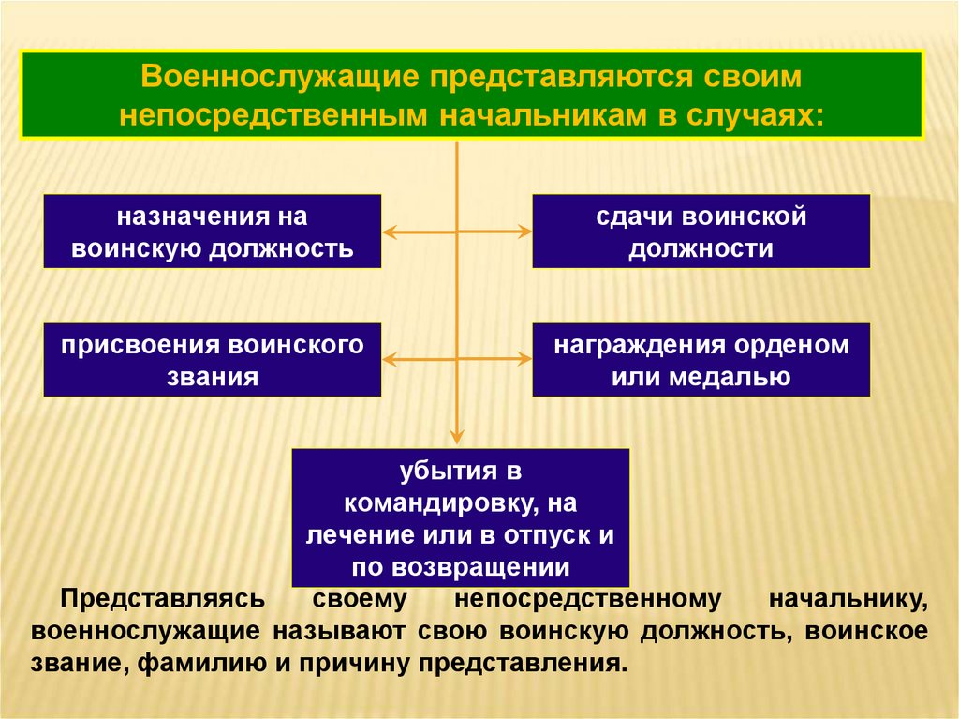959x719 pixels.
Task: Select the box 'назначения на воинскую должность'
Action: pos(213,232)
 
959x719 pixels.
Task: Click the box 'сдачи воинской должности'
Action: pos(701,232)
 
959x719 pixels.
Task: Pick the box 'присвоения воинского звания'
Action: pos(213,360)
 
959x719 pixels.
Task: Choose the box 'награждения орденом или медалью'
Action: pos(701,360)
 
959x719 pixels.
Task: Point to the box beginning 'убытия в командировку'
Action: pos(460,517)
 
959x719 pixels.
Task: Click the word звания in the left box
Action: pos(213,377)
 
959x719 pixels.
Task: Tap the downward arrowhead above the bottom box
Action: pos(457,435)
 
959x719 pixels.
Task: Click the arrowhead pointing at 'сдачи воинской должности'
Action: pos(524,231)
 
